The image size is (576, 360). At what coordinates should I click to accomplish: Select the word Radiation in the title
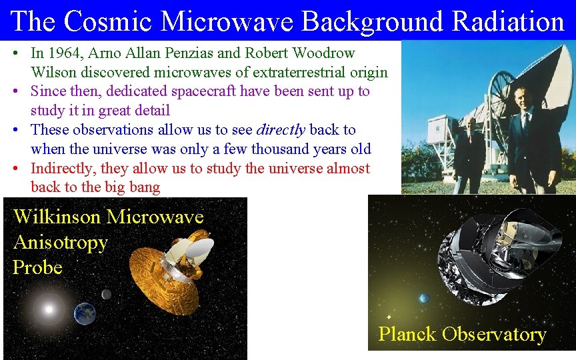pos(508,21)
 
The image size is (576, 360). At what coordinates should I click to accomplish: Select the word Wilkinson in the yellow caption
pos(57,217)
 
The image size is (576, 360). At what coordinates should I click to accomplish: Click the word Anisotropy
pos(60,243)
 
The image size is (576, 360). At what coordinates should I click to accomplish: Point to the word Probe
pos(37,268)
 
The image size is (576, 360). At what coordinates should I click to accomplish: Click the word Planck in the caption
pos(408,334)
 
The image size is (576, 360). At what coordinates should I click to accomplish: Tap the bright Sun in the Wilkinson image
pos(48,309)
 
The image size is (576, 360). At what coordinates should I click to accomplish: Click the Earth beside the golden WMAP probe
pos(85,313)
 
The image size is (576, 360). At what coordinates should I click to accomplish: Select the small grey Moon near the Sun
pos(106,294)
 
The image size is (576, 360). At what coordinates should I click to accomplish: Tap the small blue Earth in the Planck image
pos(424,298)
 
